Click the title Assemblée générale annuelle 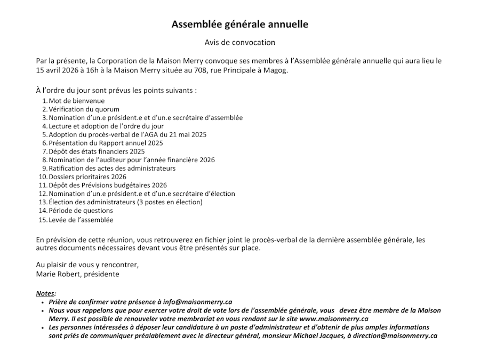click(239, 25)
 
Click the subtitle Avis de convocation click(239, 42)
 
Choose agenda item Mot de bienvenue click(77, 101)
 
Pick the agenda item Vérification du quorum click(84, 109)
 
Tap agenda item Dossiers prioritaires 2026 click(87, 177)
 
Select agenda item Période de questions click(81, 211)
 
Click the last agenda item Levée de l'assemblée click(81, 219)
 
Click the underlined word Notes click(46, 293)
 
